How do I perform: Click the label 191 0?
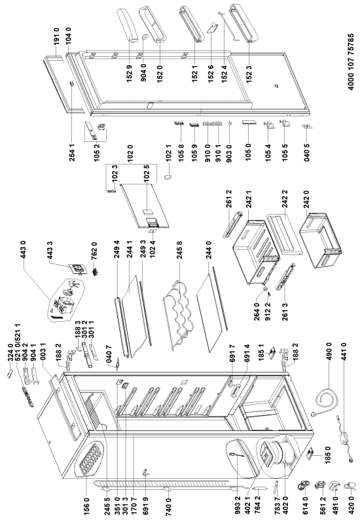click(x=57, y=38)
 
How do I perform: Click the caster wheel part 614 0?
click(x=302, y=487)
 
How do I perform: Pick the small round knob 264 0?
click(x=266, y=290)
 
